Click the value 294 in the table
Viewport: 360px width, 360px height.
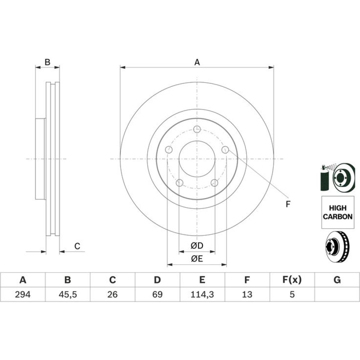click(22, 294)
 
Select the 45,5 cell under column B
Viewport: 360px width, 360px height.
click(68, 294)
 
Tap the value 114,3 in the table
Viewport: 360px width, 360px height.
click(202, 294)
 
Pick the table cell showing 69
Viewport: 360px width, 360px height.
click(158, 294)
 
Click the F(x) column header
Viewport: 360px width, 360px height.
click(292, 280)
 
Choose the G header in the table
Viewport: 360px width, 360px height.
click(337, 280)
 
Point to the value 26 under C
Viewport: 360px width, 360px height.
click(112, 294)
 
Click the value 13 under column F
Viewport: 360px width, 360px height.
click(247, 294)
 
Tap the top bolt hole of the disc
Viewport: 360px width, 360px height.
click(197, 129)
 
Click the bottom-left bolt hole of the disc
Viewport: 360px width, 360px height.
click(179, 183)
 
